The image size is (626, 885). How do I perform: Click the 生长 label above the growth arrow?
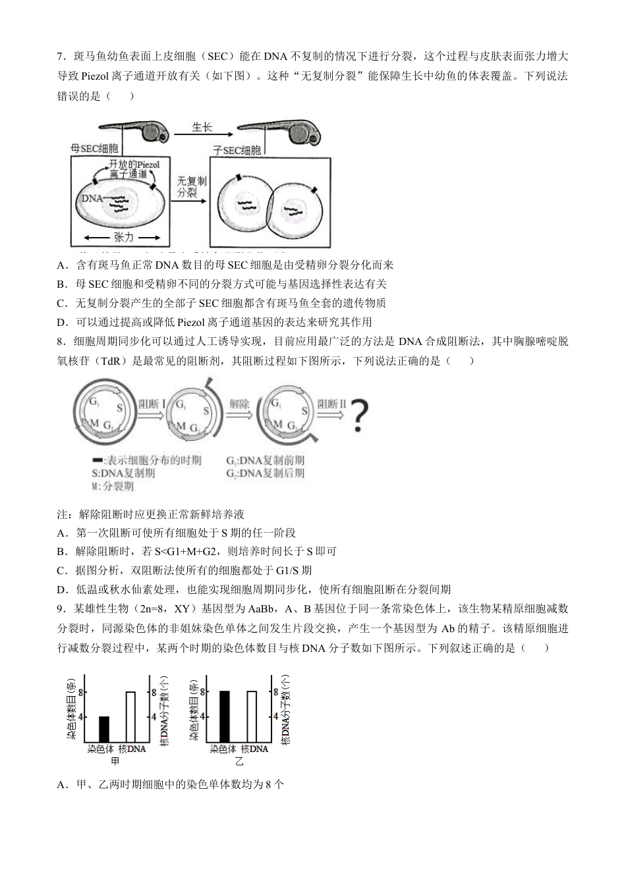(x=202, y=127)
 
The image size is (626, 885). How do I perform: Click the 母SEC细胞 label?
(x=94, y=149)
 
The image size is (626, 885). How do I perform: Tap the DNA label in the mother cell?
(x=91, y=197)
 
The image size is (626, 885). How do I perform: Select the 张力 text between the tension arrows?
(x=123, y=237)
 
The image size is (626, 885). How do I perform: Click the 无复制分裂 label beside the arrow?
(x=191, y=186)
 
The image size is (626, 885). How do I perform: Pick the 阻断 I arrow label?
(x=152, y=404)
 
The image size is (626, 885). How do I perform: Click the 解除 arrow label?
(x=239, y=404)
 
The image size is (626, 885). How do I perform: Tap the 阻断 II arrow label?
(x=332, y=404)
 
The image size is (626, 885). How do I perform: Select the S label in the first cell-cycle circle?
(x=119, y=408)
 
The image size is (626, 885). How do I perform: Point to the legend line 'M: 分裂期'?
(x=113, y=486)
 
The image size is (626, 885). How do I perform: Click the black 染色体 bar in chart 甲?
(x=104, y=728)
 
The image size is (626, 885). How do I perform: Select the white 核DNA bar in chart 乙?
(x=252, y=716)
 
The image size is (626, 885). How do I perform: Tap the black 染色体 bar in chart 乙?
(x=224, y=716)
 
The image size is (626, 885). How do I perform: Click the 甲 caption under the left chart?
(x=115, y=762)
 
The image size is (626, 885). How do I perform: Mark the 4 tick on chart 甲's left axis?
(x=81, y=716)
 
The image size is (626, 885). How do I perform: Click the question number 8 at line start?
(x=60, y=341)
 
